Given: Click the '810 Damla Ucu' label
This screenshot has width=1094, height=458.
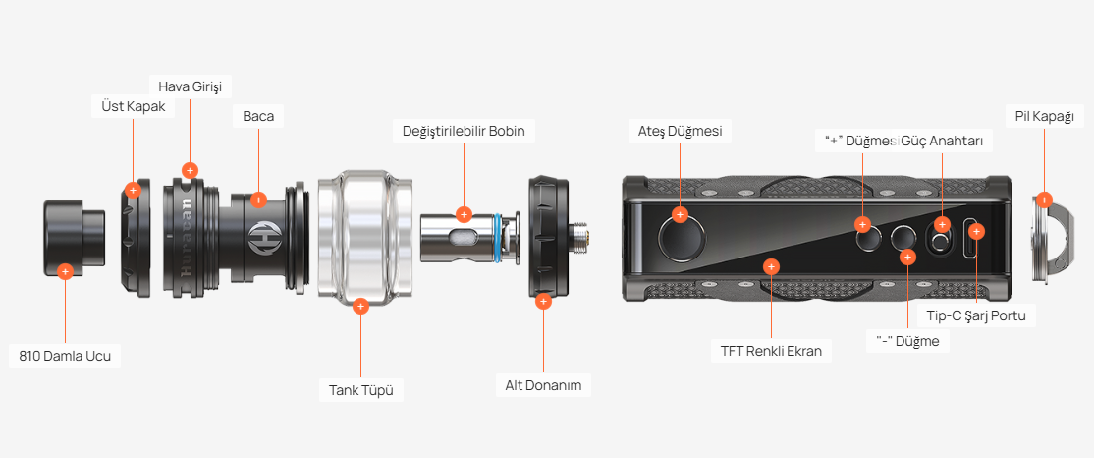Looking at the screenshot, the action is pyautogui.click(x=65, y=356).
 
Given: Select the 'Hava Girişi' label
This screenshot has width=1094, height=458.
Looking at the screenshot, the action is pyautogui.click(x=190, y=86).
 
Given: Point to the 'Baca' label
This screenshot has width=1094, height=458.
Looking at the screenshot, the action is pyautogui.click(x=258, y=117).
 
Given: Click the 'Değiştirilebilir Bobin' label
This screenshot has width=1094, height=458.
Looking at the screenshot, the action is pyautogui.click(x=464, y=131).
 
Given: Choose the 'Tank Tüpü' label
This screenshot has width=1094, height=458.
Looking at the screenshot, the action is pyautogui.click(x=360, y=389).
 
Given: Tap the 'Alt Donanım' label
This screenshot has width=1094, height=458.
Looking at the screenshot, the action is pyautogui.click(x=543, y=384).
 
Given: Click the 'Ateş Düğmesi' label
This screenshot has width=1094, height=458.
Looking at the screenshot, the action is pyautogui.click(x=680, y=131).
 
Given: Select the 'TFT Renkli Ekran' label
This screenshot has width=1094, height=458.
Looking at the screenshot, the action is pyautogui.click(x=771, y=351).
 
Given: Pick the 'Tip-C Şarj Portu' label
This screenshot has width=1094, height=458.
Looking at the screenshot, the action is pyautogui.click(x=975, y=315).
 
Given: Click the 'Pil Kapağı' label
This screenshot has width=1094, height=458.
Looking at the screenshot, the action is pyautogui.click(x=1045, y=116).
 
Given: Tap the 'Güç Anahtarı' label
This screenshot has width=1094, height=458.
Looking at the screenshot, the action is pyautogui.click(x=942, y=141).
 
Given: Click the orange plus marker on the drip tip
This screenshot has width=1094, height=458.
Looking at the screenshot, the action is pyautogui.click(x=65, y=271).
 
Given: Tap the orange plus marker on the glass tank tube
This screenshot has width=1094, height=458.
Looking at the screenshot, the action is pyautogui.click(x=360, y=306).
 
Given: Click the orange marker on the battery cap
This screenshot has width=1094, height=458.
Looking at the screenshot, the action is pyautogui.click(x=1044, y=200).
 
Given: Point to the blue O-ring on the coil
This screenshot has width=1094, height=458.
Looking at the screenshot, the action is pyautogui.click(x=498, y=238).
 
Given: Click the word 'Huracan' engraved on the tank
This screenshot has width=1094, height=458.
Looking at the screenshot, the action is pyautogui.click(x=188, y=238).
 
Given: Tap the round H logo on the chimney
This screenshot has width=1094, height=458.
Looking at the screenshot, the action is pyautogui.click(x=259, y=236).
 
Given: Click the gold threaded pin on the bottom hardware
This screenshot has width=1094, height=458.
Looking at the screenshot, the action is pyautogui.click(x=580, y=238).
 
